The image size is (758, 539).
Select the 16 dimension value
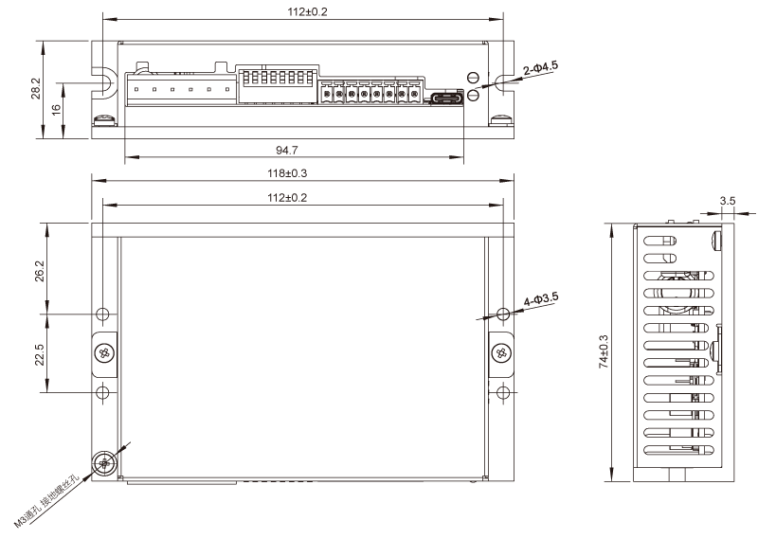point(56,110)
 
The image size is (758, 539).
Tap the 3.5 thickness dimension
point(728,202)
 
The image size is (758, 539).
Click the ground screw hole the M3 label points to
point(103,463)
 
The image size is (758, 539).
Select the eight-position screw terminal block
point(370,93)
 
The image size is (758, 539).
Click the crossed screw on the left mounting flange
point(104,352)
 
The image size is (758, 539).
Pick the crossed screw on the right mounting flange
point(500,352)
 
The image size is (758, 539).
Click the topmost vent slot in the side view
point(660,240)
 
